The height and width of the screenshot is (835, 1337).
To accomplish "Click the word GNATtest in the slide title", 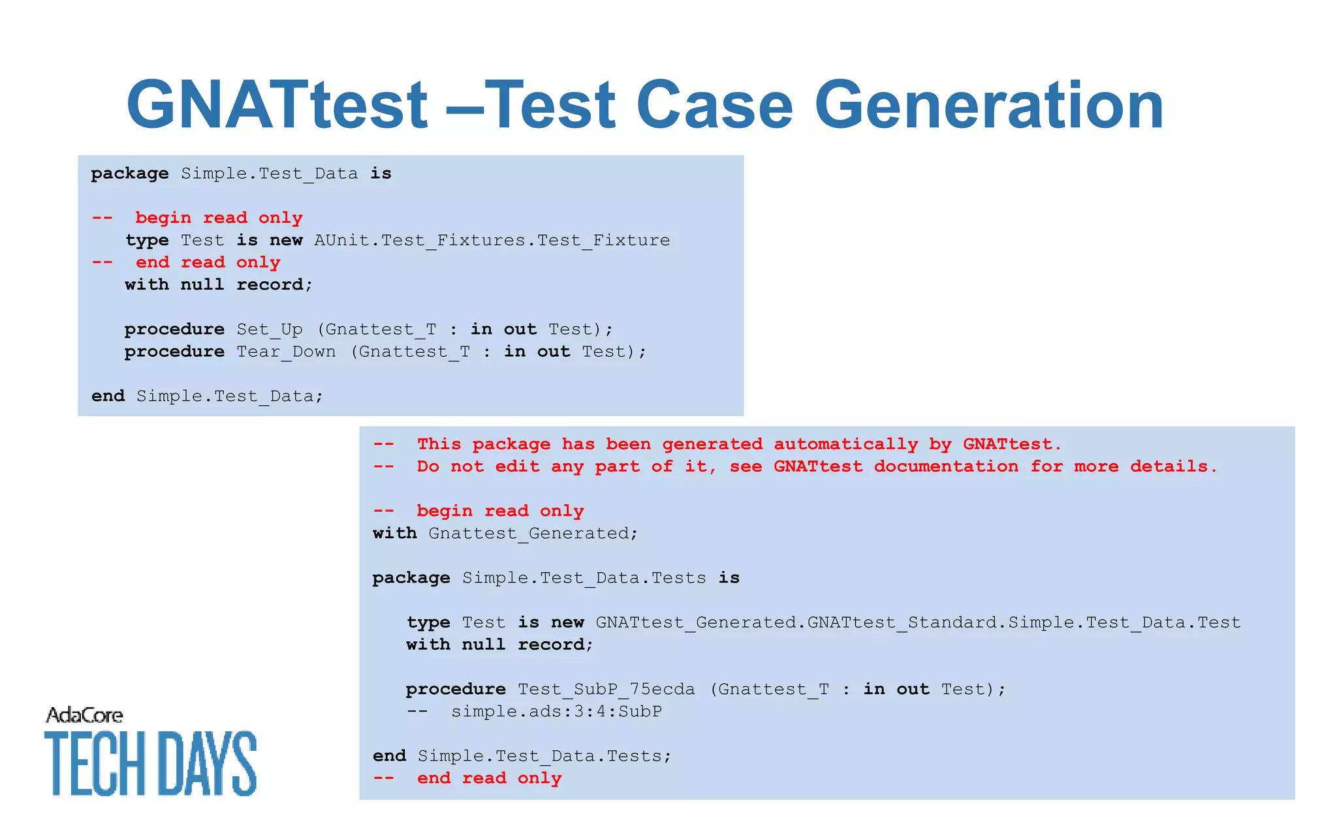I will tap(277, 104).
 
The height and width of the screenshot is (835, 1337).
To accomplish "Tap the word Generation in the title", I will tap(988, 104).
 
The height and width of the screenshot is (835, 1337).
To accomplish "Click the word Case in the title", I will tap(714, 104).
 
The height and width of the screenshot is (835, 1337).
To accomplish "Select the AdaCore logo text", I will tap(84, 716).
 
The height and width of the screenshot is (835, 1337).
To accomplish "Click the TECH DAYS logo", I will tap(150, 763).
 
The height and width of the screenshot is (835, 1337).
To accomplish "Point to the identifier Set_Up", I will tap(269, 329).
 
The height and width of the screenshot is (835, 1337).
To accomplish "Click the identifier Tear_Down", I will tap(286, 352).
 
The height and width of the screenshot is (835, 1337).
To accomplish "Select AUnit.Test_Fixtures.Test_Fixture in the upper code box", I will tap(492, 240).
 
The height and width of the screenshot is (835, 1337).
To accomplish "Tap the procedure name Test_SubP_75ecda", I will tap(606, 689).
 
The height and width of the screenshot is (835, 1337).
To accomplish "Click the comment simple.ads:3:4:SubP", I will tap(556, 711).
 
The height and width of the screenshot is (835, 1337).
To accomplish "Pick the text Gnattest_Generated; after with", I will tap(533, 533).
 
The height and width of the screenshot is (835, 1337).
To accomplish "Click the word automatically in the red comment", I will tap(845, 444).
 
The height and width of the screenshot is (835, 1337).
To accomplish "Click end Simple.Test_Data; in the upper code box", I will tap(207, 396).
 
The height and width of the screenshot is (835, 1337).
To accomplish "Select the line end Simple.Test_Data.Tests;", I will tap(522, 755).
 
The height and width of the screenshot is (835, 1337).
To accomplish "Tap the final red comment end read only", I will tap(488, 778).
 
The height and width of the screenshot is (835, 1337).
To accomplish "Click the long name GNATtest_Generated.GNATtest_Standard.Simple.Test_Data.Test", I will tap(917, 622).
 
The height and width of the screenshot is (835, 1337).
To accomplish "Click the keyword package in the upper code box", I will tap(129, 174).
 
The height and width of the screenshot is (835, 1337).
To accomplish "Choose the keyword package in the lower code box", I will tap(411, 578).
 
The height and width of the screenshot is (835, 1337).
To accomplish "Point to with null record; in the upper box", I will tap(219, 284).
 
